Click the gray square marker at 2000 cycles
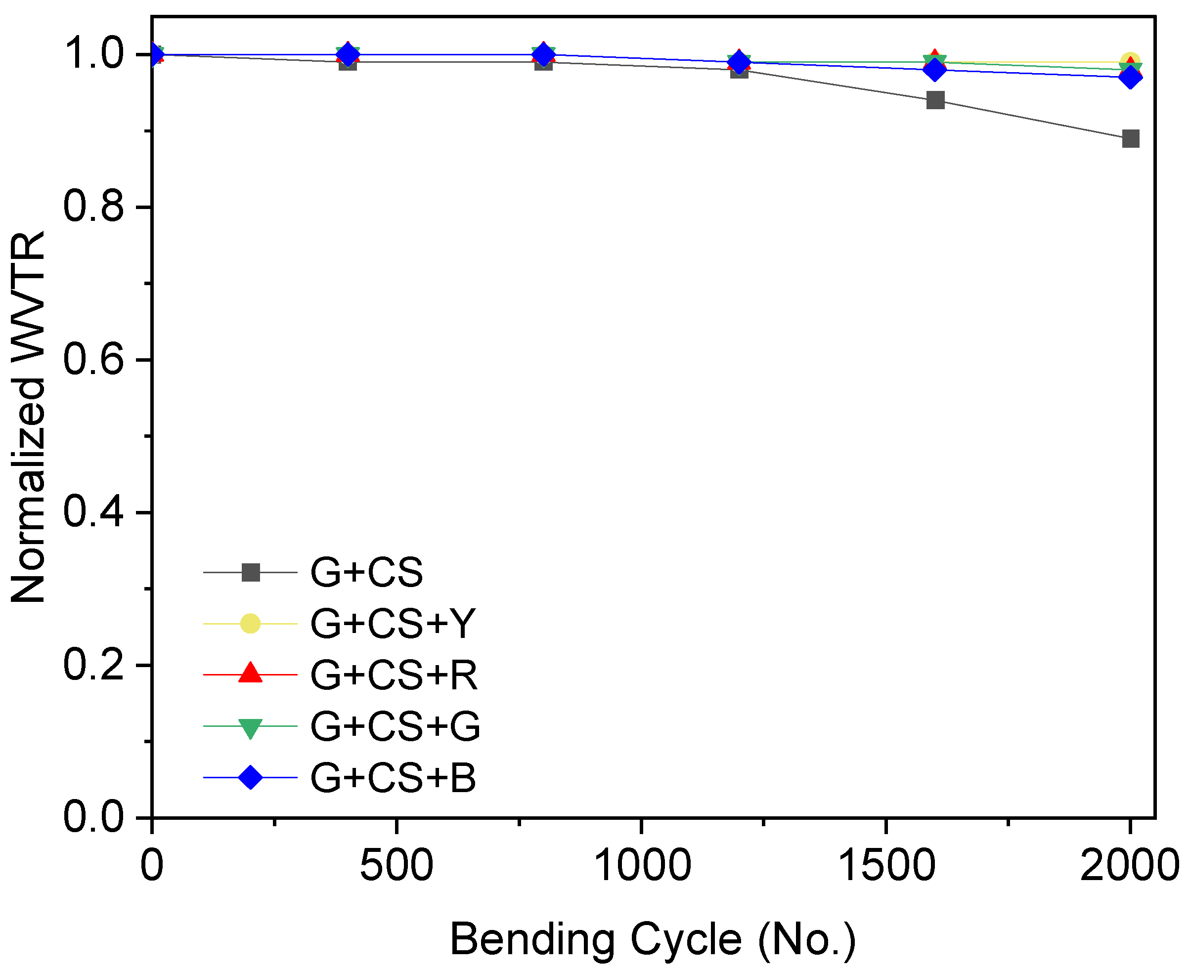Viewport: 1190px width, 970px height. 1130,138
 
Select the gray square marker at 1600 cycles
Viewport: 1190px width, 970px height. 935,101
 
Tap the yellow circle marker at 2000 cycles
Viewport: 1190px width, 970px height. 1130,61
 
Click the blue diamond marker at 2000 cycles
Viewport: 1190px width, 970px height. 1130,77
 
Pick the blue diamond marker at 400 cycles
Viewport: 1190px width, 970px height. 348,55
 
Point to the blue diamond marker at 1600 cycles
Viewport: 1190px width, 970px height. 935,70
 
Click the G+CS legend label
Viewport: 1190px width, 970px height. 367,573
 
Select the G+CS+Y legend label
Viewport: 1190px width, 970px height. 393,624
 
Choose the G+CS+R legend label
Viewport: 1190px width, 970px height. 394,675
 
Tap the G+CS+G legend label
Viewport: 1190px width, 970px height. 395,726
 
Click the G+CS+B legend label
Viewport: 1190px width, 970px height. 393,777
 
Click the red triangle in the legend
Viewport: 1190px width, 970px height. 250,674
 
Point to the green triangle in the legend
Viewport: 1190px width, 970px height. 250,727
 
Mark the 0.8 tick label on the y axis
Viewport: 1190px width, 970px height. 93,207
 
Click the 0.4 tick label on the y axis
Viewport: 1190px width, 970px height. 93,512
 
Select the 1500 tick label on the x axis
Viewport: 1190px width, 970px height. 886,865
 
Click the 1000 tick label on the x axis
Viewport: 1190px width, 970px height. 641,865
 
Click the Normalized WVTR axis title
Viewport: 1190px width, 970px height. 28,416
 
